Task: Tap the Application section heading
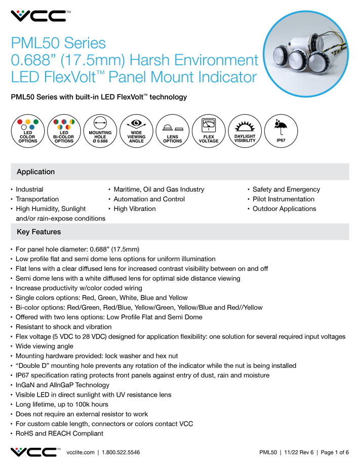click(x=35, y=172)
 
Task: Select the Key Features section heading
click(x=38, y=232)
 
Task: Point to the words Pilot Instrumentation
click(x=284, y=199)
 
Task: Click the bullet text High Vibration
click(x=135, y=208)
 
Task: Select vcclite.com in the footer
click(x=81, y=452)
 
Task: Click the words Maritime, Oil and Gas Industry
click(x=158, y=189)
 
